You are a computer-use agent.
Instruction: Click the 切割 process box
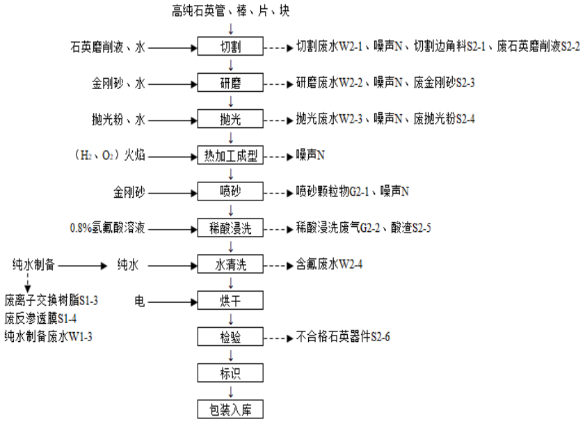coord(231,47)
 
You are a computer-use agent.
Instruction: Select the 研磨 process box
coord(231,84)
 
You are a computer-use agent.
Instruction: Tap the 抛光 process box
coord(231,120)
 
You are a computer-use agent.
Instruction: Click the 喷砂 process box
coord(231,191)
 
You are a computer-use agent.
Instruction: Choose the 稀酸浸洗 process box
coord(231,228)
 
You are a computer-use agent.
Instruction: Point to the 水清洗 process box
coord(231,265)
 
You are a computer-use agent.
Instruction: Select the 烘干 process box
coord(231,301)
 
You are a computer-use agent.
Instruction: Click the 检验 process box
coord(231,337)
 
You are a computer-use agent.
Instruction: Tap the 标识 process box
coord(231,373)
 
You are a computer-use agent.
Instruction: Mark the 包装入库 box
coord(231,409)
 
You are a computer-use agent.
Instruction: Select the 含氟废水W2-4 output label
coord(331,265)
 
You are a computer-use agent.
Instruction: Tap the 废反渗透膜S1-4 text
coord(41,319)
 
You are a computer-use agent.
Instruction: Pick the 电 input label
coord(139,301)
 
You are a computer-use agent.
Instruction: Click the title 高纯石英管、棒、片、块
coord(231,10)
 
